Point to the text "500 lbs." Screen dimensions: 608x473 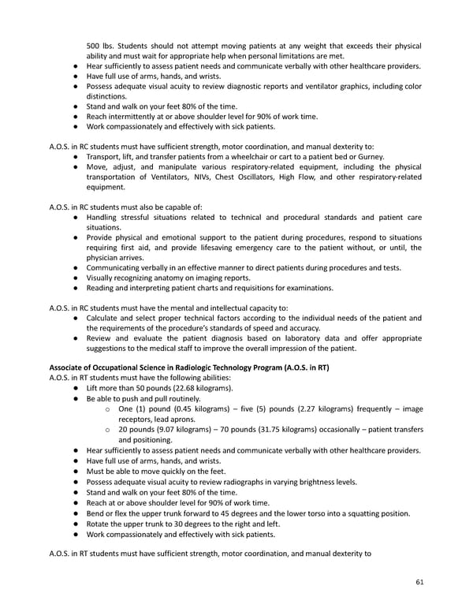(101, 45)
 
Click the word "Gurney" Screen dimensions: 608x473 (368, 156)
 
